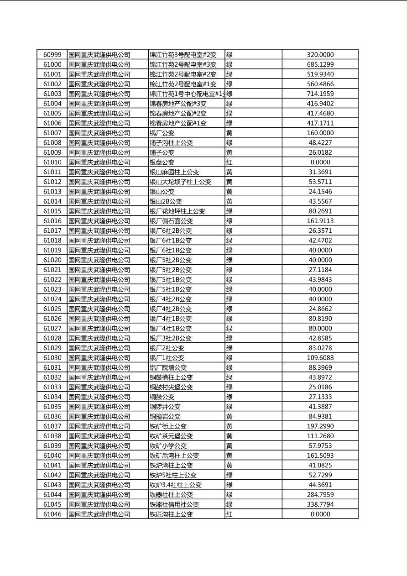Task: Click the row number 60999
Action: coord(52,55)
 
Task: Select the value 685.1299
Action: coord(320,64)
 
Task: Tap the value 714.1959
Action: coord(320,94)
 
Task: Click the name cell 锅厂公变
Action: coord(162,133)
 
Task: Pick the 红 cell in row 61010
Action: coord(229,162)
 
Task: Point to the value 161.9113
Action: coord(320,221)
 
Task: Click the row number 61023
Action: coord(52,289)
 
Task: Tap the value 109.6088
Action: coord(320,358)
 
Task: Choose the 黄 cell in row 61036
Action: coord(229,416)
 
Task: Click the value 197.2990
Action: coord(320,426)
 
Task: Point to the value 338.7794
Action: coord(320,504)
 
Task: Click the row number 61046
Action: coord(52,514)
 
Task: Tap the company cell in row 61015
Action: coord(99,211)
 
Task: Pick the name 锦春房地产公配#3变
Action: coord(178,104)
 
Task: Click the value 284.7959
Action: coord(320,494)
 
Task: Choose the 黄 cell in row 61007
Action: coord(229,133)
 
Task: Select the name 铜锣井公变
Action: coord(165,407)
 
